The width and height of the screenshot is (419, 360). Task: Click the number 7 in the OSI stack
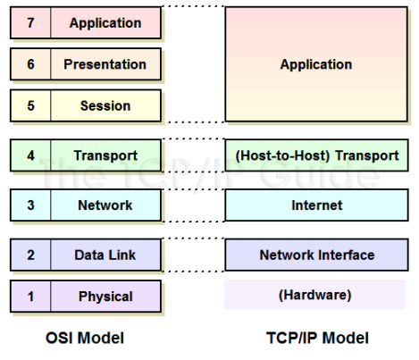pos(30,23)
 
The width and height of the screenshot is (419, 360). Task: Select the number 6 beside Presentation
pos(30,64)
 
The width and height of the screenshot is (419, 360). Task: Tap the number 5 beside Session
pos(30,105)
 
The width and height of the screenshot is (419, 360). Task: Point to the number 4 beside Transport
pos(30,155)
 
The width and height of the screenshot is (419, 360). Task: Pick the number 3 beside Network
pos(30,205)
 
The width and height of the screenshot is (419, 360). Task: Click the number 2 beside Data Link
pos(30,255)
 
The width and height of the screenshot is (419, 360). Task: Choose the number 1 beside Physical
pos(30,297)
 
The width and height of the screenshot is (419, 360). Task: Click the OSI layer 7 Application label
pos(105,23)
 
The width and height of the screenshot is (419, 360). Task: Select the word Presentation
pos(105,64)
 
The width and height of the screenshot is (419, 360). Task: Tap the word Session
pos(105,105)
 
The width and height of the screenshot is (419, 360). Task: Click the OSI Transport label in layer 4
pos(105,155)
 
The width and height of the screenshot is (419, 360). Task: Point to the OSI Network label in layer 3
pos(105,205)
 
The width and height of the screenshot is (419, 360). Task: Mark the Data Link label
pos(105,255)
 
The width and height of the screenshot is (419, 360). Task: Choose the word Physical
pos(105,297)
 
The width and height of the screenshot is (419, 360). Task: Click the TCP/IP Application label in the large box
pos(316,64)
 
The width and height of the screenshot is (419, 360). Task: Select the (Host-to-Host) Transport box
pos(316,155)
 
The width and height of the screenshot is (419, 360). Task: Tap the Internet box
pos(316,205)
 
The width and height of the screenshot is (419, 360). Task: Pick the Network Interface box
pos(316,255)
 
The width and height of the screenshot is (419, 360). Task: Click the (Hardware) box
pos(316,295)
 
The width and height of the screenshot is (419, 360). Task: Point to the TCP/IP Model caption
pos(316,339)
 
